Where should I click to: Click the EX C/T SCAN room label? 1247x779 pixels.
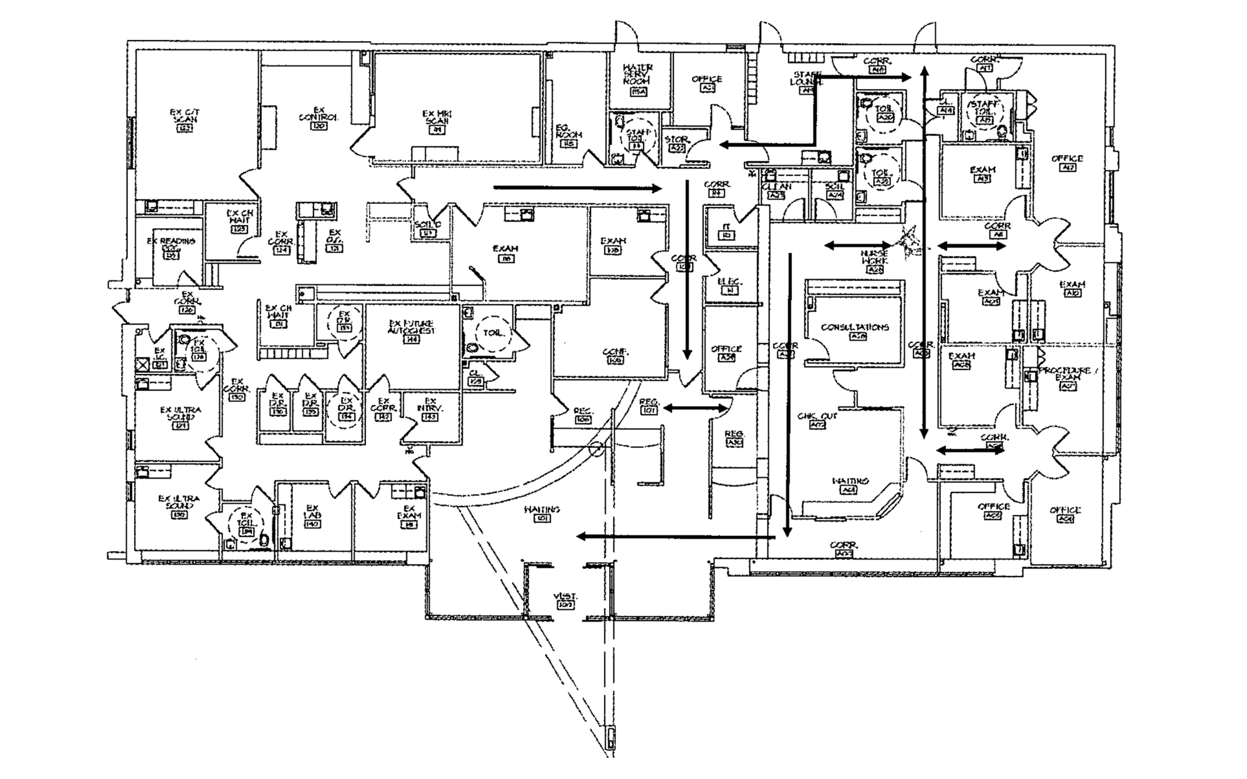pos(185,117)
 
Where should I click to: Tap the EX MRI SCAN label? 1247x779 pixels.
pos(436,118)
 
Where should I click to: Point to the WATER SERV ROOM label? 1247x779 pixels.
pos(638,74)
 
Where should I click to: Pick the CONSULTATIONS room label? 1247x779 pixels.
pos(855,328)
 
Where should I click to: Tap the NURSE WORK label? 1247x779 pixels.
pos(874,257)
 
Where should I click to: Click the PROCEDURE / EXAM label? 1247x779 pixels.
pos(1065,374)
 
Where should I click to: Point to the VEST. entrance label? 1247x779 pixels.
pos(564,597)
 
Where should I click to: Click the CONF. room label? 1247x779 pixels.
pos(615,353)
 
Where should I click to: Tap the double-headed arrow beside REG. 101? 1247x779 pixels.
pos(696,408)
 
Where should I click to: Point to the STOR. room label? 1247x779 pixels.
pos(676,140)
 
